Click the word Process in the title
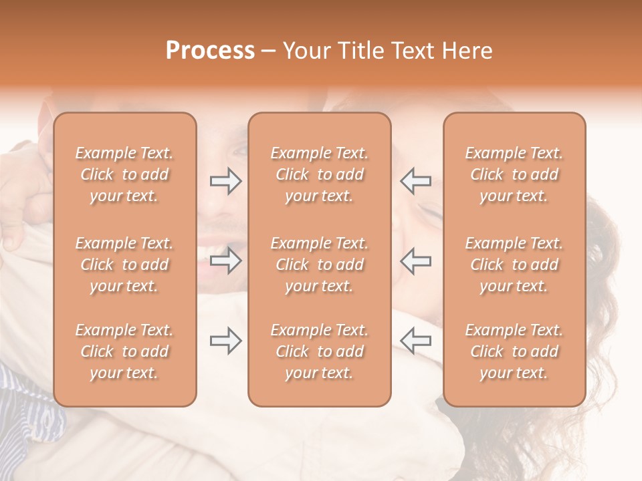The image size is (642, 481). [x=210, y=51]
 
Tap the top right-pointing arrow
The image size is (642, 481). [x=225, y=181]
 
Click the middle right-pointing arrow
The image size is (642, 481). [x=225, y=261]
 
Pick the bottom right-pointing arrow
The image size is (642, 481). [x=225, y=341]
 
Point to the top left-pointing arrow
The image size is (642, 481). [x=415, y=181]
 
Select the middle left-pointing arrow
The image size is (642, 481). [x=415, y=261]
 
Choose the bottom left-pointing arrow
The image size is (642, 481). [x=415, y=341]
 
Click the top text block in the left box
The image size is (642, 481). [x=124, y=174]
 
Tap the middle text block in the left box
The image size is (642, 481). [x=124, y=265]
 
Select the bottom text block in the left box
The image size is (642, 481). [x=124, y=351]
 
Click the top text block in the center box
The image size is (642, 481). [x=319, y=174]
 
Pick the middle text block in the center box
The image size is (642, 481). [x=319, y=265]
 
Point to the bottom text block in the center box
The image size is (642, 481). [x=319, y=351]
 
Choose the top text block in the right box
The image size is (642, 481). [x=514, y=174]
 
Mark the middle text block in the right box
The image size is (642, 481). [x=514, y=265]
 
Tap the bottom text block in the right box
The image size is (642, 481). [x=514, y=351]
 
